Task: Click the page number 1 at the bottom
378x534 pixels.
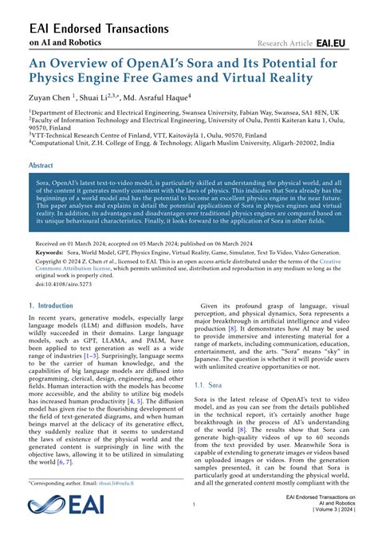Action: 194,505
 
